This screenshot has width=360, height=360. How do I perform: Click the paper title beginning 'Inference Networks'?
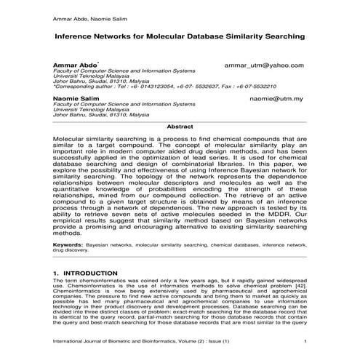179,34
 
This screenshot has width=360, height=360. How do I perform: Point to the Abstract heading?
180,127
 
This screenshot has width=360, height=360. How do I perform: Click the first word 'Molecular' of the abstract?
73,137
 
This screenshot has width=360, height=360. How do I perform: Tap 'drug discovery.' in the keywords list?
75,252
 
